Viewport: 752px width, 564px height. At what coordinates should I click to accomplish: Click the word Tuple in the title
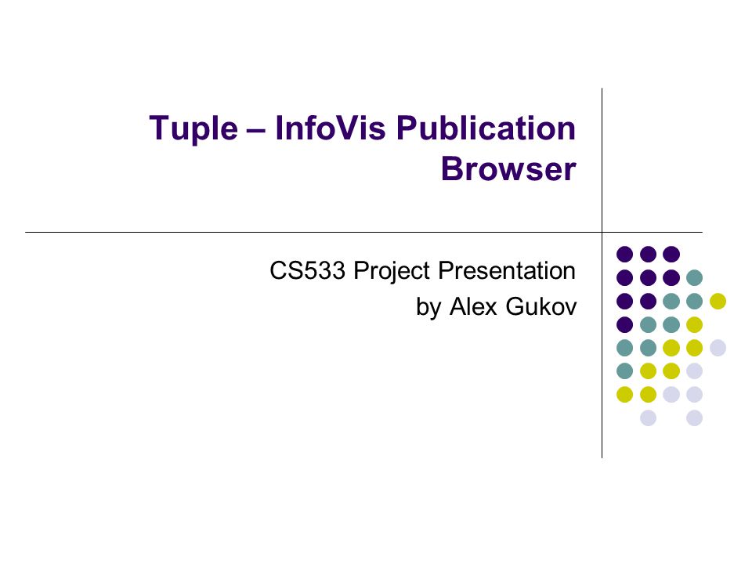(x=193, y=129)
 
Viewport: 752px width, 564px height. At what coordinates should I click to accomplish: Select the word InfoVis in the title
(x=330, y=128)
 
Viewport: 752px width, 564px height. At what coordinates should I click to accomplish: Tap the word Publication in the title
(x=486, y=128)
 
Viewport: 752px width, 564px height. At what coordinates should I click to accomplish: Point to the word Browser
(x=508, y=169)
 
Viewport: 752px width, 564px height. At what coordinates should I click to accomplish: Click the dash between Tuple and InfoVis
(x=256, y=130)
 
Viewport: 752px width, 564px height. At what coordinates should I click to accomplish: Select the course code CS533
(x=307, y=270)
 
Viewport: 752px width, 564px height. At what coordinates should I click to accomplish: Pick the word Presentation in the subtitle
(x=507, y=270)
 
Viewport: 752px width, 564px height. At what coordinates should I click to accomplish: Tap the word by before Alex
(x=428, y=308)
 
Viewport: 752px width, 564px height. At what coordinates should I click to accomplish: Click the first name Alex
(x=473, y=306)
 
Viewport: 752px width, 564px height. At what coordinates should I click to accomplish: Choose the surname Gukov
(x=541, y=306)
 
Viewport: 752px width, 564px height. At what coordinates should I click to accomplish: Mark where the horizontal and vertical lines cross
(x=602, y=232)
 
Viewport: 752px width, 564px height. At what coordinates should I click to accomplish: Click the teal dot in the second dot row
(x=695, y=277)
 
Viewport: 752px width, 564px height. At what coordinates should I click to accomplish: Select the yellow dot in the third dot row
(x=718, y=301)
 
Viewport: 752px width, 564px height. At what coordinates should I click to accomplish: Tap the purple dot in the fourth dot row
(x=624, y=324)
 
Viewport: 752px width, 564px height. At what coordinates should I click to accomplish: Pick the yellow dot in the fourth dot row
(x=695, y=324)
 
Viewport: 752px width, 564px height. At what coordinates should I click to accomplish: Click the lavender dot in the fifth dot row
(x=718, y=348)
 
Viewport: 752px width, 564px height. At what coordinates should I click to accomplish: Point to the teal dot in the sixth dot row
(x=624, y=371)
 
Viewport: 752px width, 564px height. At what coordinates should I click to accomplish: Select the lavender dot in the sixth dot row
(x=695, y=371)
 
